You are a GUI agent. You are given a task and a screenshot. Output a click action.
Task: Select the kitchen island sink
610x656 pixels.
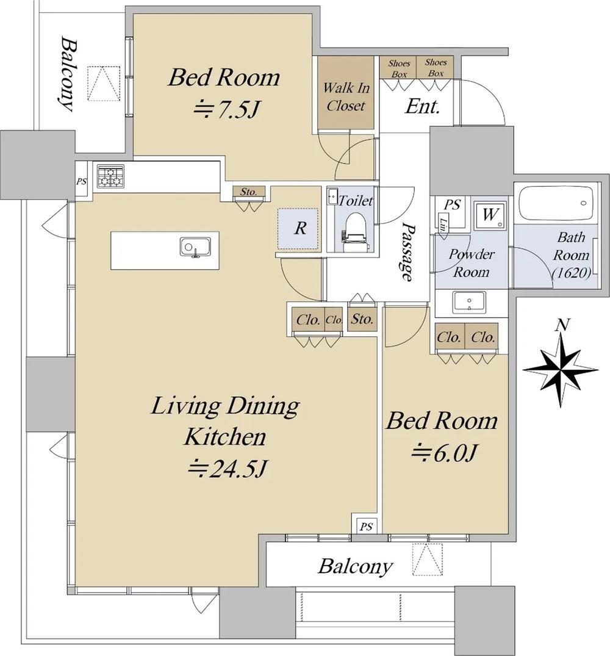[x=195, y=247]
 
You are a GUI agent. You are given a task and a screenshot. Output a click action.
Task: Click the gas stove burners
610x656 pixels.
[x=111, y=176]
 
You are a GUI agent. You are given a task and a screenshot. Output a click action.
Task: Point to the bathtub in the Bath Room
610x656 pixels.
[x=556, y=203]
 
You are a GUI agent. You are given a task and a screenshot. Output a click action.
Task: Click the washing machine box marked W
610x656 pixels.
[x=490, y=215]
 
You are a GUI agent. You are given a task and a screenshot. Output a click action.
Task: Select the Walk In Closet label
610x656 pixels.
[x=346, y=96]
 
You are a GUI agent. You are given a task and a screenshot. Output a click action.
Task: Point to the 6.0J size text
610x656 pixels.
[x=444, y=453]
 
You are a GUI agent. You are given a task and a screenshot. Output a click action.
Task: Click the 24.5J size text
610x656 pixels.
[x=227, y=468]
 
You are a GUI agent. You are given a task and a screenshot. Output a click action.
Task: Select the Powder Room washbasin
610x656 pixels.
[x=469, y=302]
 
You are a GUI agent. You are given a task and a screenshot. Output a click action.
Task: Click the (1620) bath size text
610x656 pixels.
[x=572, y=273]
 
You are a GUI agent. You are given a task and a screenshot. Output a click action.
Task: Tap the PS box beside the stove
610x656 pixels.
[x=82, y=182]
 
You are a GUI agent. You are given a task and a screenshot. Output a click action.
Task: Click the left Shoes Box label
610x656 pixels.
[x=398, y=68]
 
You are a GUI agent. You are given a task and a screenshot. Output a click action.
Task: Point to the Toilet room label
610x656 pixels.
[x=356, y=200]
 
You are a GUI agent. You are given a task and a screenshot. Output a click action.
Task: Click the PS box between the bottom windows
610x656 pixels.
[x=366, y=526]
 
